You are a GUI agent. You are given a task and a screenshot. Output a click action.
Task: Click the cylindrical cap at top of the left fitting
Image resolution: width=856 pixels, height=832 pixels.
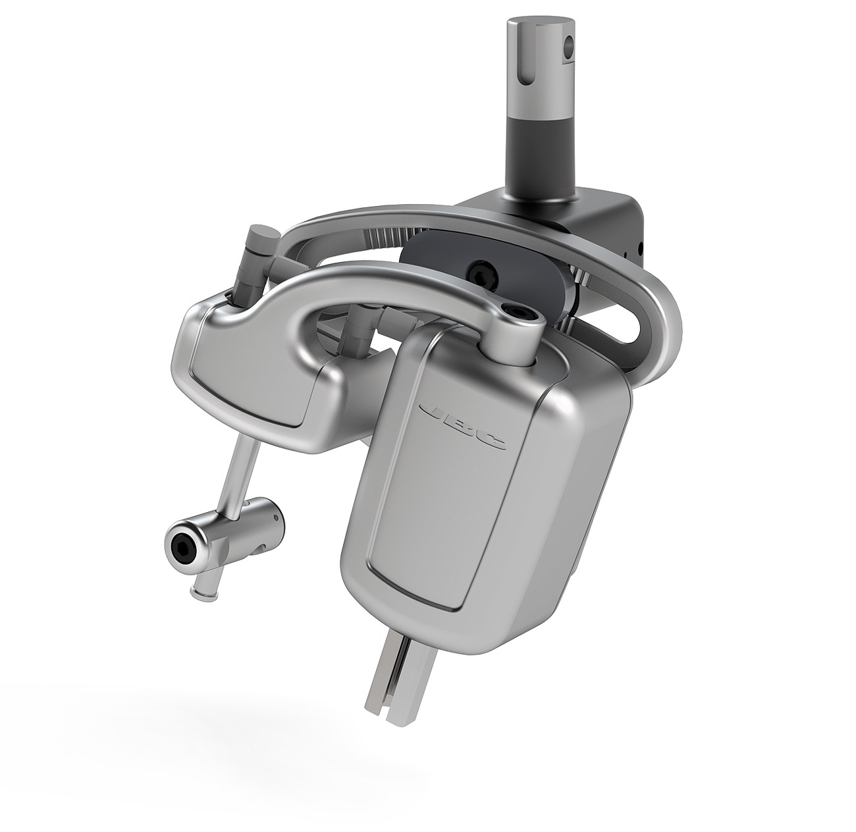[x=259, y=236]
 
